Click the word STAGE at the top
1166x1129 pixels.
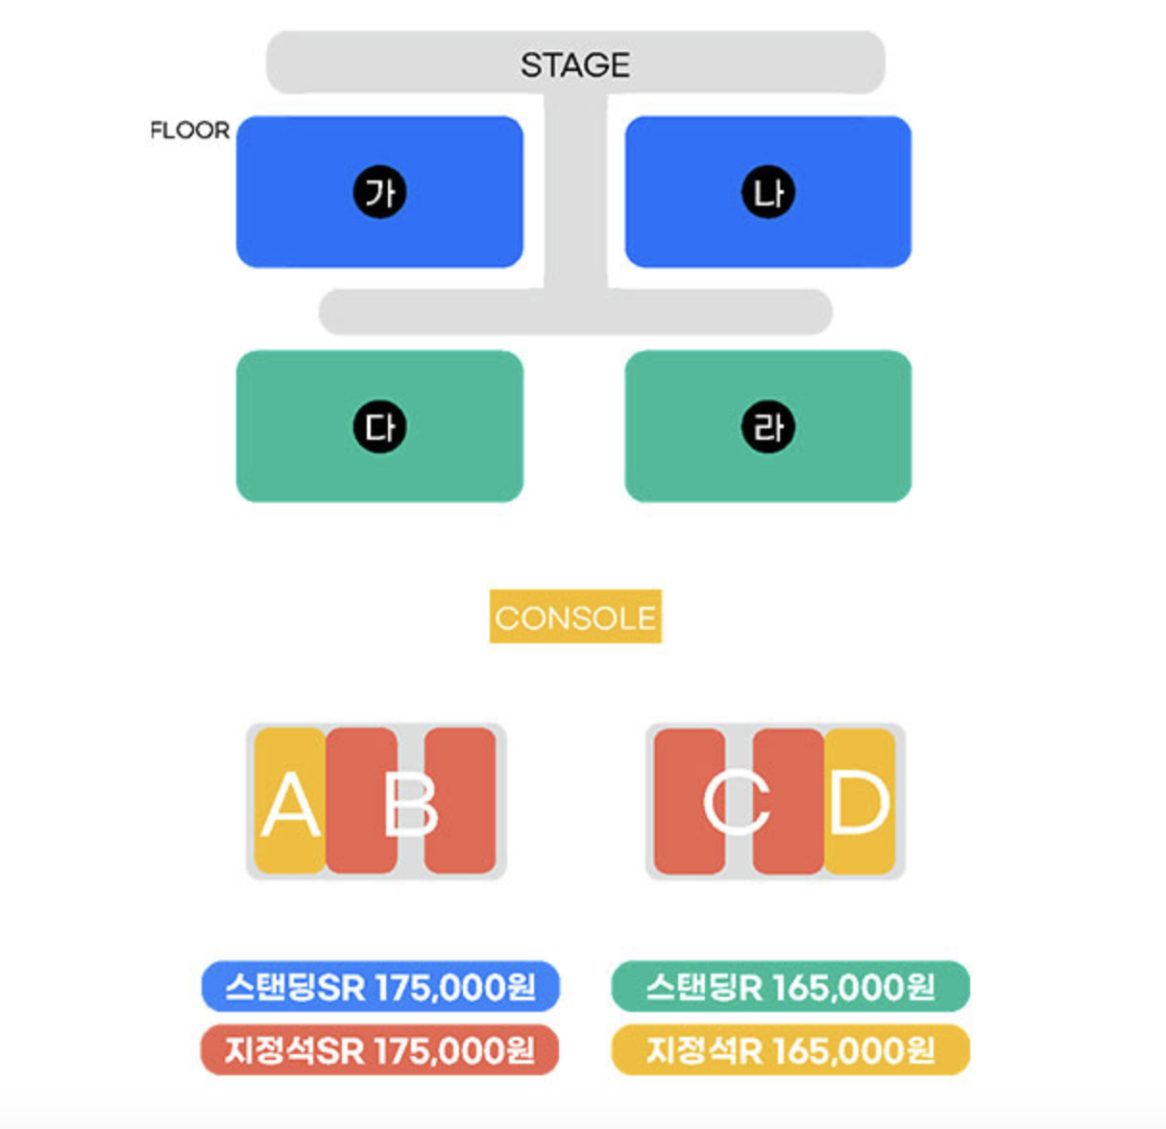tap(574, 64)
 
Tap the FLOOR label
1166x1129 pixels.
tap(190, 130)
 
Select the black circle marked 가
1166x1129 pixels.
tap(379, 193)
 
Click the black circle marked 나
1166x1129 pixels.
tap(767, 193)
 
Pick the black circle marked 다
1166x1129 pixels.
tap(379, 427)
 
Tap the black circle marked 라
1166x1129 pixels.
tap(767, 427)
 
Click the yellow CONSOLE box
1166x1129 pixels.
tap(575, 616)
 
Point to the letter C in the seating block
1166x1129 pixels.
tap(737, 803)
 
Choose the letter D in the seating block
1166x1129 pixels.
tap(859, 803)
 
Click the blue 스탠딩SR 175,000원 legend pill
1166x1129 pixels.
tap(379, 986)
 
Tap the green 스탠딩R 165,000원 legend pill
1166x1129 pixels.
tap(789, 986)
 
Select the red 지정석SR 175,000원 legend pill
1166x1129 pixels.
tap(379, 1050)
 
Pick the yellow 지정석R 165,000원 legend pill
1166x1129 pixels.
tap(789, 1050)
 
